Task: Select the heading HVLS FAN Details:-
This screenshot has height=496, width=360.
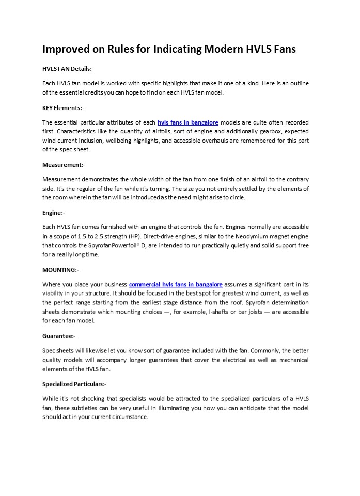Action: (x=68, y=69)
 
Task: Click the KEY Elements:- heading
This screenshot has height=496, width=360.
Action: (x=63, y=108)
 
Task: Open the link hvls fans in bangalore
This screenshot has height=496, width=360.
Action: (x=187, y=122)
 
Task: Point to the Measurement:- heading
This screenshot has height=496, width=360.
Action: (x=64, y=165)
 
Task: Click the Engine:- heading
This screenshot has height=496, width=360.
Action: (x=54, y=212)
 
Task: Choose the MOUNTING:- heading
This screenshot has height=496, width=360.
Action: (x=60, y=270)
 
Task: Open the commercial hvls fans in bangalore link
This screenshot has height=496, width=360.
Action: (x=176, y=284)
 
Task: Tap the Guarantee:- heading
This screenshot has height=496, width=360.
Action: (x=59, y=336)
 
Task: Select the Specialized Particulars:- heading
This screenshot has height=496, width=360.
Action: (x=74, y=384)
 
